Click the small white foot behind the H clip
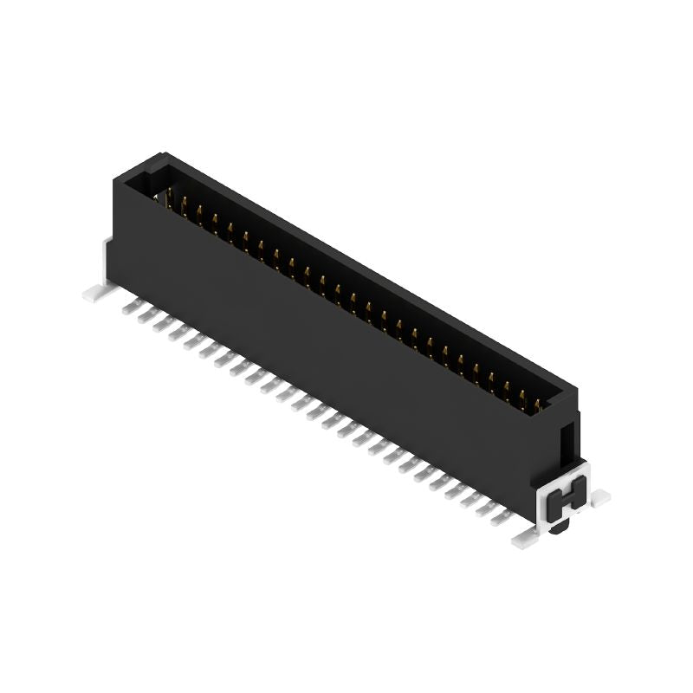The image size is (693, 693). (x=599, y=496)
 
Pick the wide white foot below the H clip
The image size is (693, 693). (x=526, y=539)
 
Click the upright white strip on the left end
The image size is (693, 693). (x=105, y=260)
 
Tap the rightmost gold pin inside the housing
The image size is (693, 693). (x=538, y=404)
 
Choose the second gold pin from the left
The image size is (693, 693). (x=184, y=204)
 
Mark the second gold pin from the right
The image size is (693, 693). (x=521, y=398)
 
